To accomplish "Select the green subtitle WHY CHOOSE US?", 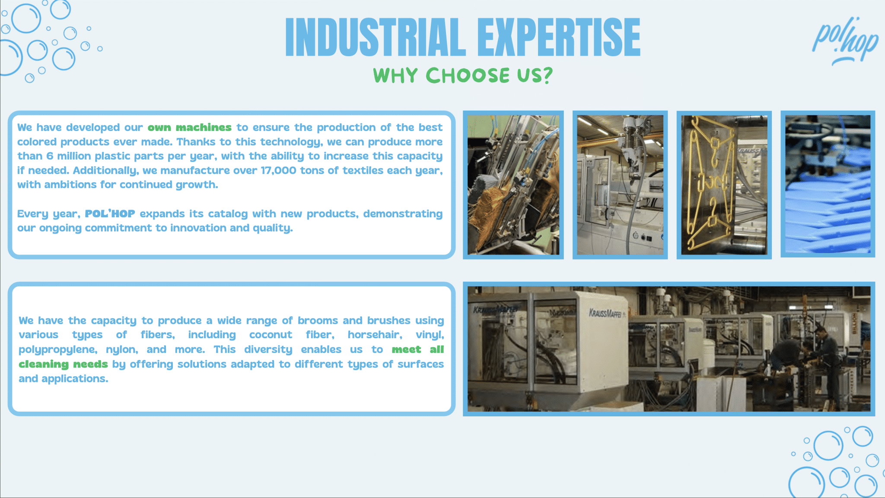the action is pyautogui.click(x=463, y=75).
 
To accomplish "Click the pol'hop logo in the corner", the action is pyautogui.click(x=845, y=41).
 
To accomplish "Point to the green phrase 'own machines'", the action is pyautogui.click(x=190, y=127).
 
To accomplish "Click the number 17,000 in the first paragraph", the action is pyautogui.click(x=278, y=171).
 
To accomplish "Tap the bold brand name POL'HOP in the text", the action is pyautogui.click(x=110, y=213).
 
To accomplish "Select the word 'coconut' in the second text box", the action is pyautogui.click(x=271, y=335).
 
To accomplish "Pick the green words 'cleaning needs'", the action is pyautogui.click(x=63, y=364).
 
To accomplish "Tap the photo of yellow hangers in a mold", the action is pyautogui.click(x=724, y=185).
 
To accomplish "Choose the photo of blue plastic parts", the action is pyautogui.click(x=828, y=184).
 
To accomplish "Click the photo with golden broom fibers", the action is pyautogui.click(x=513, y=185).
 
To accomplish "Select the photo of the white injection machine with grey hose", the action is pyautogui.click(x=620, y=185).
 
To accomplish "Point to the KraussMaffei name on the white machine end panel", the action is pyautogui.click(x=605, y=313).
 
